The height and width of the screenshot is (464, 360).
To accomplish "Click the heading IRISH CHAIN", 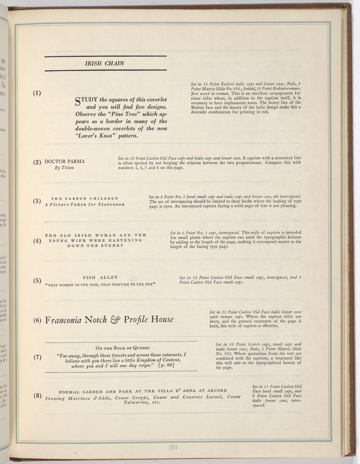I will click(x=104, y=64).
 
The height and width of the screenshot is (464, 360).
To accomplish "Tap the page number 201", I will click(x=173, y=447).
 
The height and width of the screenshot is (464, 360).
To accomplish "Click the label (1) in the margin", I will click(x=37, y=93).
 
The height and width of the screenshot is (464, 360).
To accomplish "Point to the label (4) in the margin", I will click(x=37, y=241).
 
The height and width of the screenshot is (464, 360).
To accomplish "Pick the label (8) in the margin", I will click(x=37, y=396).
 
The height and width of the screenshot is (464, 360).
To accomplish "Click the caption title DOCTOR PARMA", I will click(x=65, y=162).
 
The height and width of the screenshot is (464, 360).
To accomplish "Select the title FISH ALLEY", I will click(x=100, y=278).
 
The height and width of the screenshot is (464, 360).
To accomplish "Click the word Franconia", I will click(x=63, y=320).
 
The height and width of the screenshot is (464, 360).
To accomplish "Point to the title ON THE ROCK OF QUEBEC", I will click(x=123, y=348).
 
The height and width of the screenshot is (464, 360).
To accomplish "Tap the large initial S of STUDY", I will click(x=78, y=101).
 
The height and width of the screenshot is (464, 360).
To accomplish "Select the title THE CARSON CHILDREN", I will click(x=85, y=199).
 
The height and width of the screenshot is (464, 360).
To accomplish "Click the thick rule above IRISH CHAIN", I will click(x=105, y=56).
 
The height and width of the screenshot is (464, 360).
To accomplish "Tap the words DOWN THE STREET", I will click(x=96, y=246).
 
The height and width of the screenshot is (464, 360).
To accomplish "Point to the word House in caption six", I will click(x=162, y=320).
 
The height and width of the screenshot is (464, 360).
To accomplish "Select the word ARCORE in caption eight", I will click(x=217, y=391).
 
